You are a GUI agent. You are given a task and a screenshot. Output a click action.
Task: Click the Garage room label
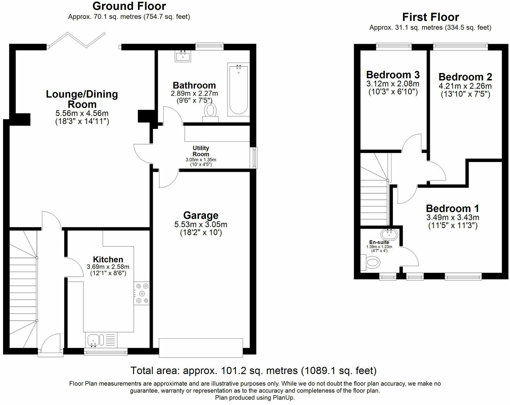[x=201, y=215]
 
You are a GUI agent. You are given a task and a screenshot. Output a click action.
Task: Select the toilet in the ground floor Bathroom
[x=210, y=113]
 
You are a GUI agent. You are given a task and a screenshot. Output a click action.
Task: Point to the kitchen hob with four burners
[x=142, y=294]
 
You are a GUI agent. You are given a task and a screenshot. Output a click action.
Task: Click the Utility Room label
[x=201, y=151]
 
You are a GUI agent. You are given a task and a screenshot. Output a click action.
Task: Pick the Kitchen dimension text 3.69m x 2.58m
[x=108, y=267]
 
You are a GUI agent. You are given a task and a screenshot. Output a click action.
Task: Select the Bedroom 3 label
[x=393, y=74]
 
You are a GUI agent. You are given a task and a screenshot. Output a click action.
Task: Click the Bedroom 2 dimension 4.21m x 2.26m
[x=465, y=86]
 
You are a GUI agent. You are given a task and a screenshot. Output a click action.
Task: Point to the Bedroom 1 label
[x=453, y=208]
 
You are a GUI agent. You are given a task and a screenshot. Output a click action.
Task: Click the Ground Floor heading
[x=129, y=6]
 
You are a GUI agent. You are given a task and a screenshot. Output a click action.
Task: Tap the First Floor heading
[x=430, y=17]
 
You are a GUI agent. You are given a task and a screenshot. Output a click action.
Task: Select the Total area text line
[x=254, y=371]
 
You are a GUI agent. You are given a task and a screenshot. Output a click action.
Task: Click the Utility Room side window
[x=254, y=158]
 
